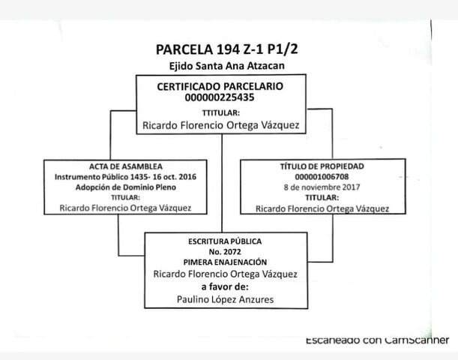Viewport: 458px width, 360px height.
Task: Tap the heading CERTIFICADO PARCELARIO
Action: click(220, 87)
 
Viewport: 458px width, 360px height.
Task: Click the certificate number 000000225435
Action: click(220, 98)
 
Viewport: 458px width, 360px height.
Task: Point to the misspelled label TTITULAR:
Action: click(220, 112)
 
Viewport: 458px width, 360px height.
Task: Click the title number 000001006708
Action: click(322, 176)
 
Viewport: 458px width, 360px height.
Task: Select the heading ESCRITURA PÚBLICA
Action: click(225, 241)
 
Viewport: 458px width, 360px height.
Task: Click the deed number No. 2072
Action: click(225, 252)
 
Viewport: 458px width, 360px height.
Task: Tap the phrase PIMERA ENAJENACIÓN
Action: click(225, 262)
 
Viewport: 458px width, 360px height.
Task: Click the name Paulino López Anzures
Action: click(225, 299)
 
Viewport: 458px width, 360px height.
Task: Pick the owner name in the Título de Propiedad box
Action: click(322, 208)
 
